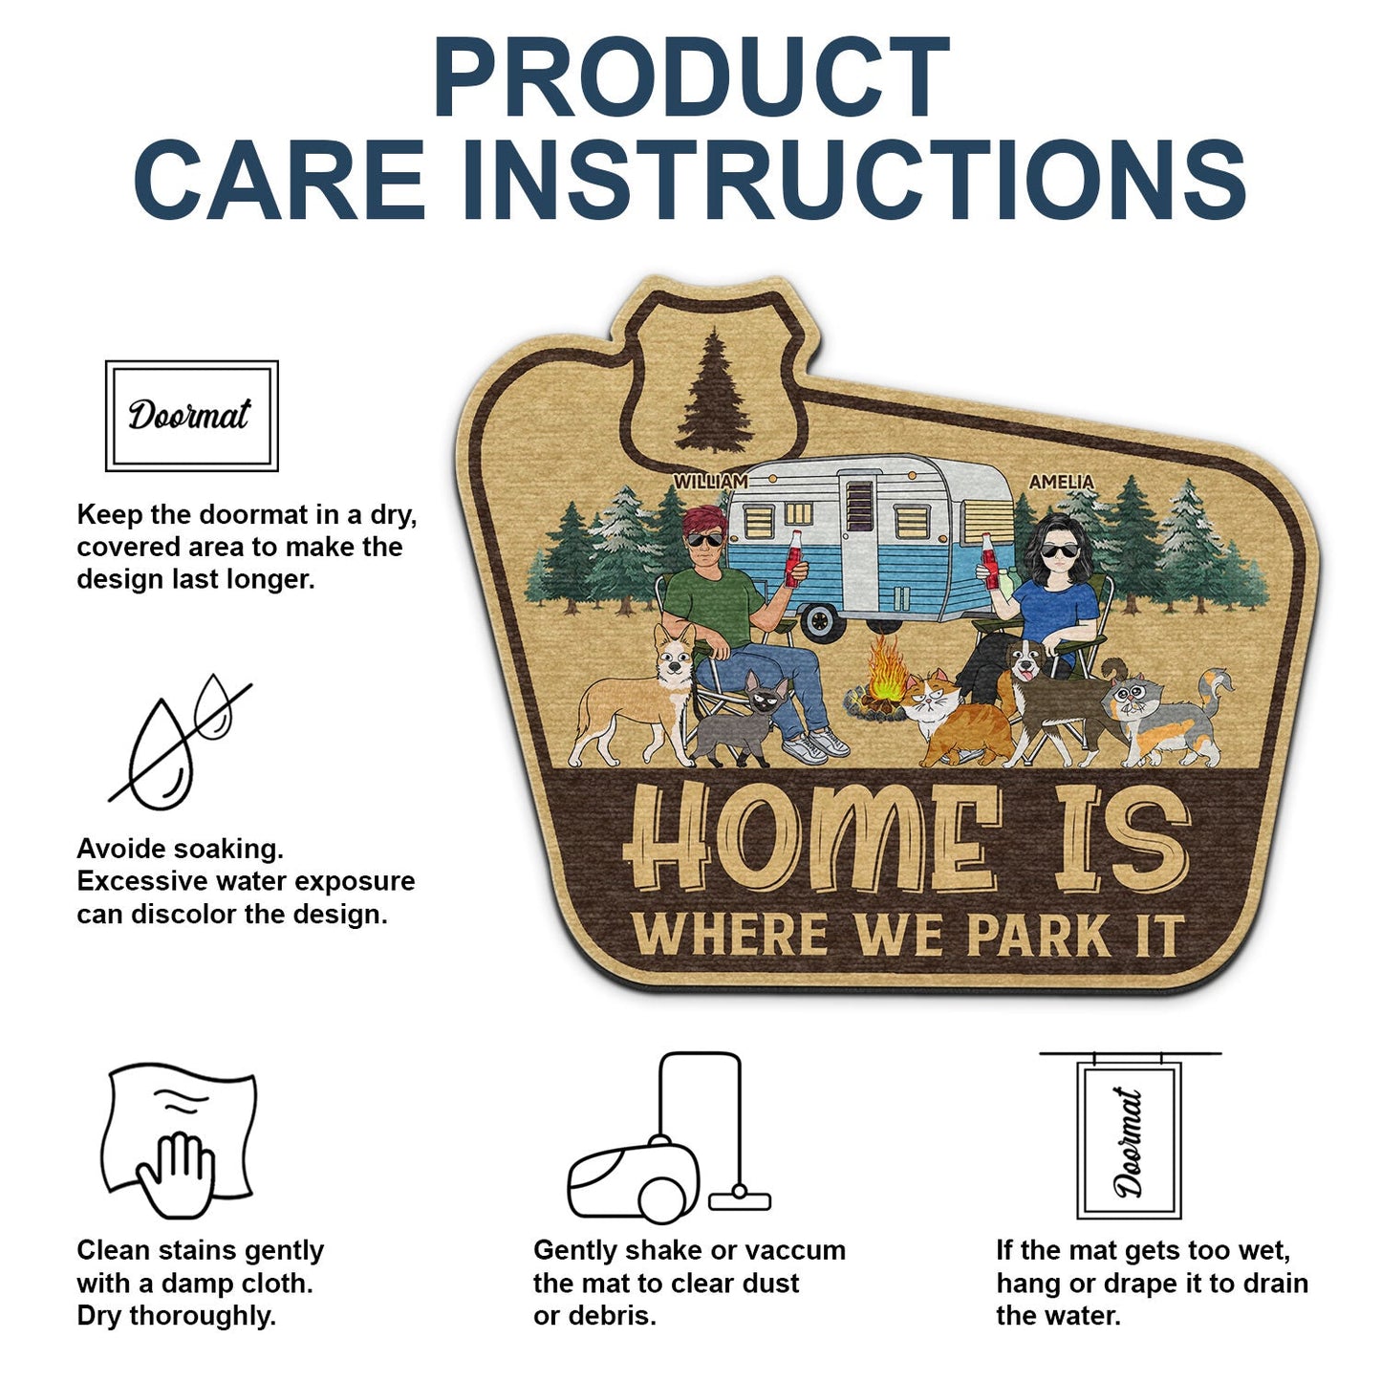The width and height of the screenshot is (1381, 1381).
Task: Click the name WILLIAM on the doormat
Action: coord(710,482)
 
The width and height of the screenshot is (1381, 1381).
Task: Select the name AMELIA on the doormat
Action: coord(1061,483)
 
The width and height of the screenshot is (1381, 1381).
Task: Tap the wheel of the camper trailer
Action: coord(821,621)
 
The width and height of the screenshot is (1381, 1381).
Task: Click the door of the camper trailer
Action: coord(858,535)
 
